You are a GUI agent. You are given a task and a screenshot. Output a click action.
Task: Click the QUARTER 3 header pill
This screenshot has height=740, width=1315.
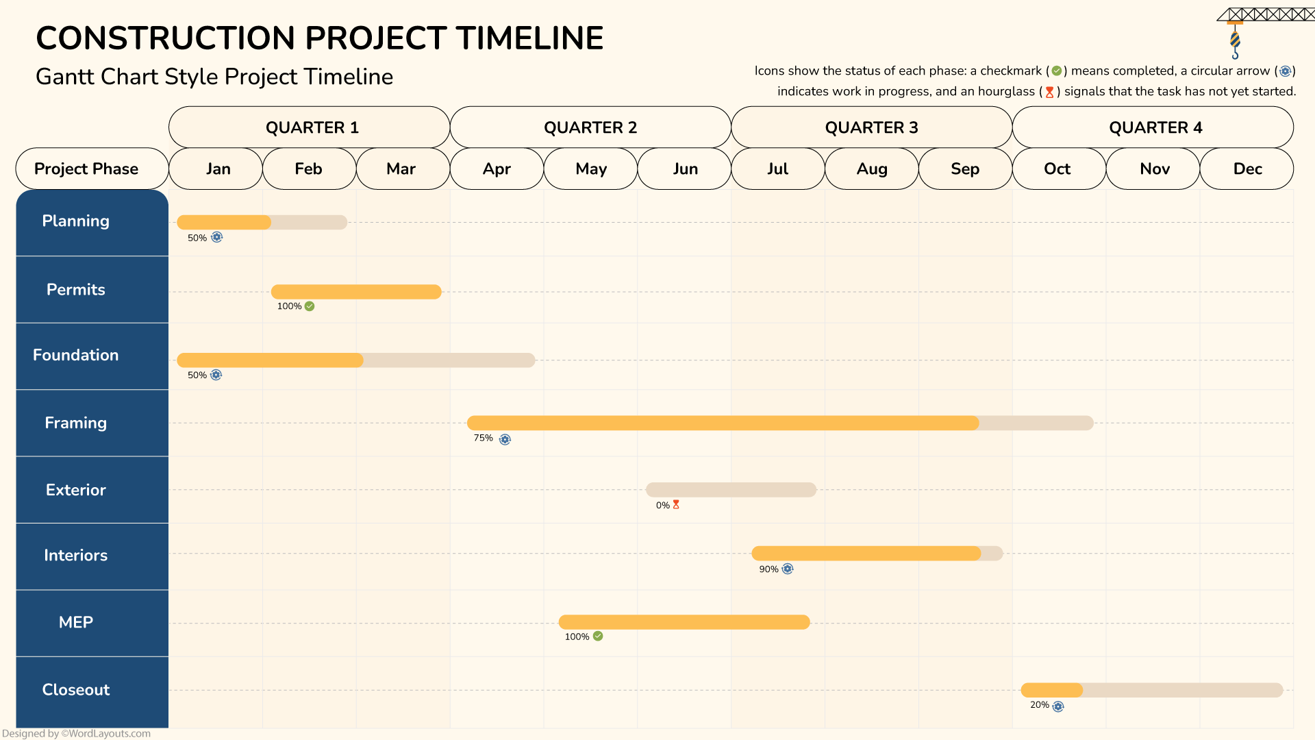click(871, 127)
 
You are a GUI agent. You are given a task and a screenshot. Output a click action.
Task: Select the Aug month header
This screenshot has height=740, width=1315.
click(871, 169)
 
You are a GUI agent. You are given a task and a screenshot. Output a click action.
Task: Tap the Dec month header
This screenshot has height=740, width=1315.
click(1247, 169)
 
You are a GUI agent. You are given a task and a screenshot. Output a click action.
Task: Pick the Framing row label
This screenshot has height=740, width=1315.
click(76, 423)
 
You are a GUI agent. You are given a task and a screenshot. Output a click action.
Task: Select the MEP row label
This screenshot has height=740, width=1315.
click(76, 622)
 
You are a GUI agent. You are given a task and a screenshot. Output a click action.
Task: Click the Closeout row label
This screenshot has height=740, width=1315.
click(76, 689)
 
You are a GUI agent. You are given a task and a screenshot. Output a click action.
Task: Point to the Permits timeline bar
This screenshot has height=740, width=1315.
click(356, 292)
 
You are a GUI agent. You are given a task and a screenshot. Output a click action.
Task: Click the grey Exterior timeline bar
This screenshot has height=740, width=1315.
click(731, 490)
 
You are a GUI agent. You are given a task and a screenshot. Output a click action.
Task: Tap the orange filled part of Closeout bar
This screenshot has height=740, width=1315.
click(1051, 690)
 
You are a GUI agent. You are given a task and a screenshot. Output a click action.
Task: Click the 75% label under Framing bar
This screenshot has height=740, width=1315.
click(483, 438)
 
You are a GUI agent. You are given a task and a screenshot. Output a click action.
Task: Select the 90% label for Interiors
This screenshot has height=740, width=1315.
click(768, 569)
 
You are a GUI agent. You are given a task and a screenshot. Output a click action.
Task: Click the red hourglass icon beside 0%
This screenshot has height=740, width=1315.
click(676, 504)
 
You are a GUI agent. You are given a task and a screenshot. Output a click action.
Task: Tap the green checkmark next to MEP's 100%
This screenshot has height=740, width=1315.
click(598, 636)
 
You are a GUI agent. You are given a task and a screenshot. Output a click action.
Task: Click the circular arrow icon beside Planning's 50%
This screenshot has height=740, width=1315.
click(216, 237)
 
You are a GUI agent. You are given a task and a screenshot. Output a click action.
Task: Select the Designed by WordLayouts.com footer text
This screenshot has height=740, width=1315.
click(76, 733)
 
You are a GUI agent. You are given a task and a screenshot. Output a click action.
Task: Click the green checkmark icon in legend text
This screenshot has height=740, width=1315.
click(1056, 71)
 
